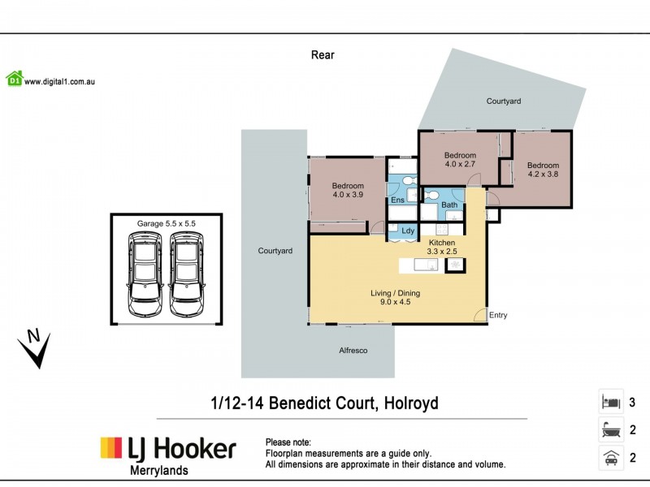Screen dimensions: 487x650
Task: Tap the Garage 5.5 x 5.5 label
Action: [166, 222]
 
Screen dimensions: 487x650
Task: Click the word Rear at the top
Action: [323, 55]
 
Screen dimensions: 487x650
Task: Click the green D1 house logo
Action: [14, 79]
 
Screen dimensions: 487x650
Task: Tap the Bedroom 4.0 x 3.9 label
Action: [348, 190]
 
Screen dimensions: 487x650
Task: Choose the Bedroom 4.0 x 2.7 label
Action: [459, 159]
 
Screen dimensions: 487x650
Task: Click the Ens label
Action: [397, 200]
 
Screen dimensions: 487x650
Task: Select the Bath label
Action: [449, 205]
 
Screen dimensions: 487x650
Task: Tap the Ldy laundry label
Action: [408, 231]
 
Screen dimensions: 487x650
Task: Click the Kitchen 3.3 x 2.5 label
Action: [442, 247]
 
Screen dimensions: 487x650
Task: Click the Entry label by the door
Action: [498, 315]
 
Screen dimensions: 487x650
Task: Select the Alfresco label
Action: [353, 351]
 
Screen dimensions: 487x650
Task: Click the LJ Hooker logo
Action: [168, 448]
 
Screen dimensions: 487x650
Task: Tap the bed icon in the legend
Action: [610, 402]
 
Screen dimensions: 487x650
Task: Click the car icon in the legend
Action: [610, 457]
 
